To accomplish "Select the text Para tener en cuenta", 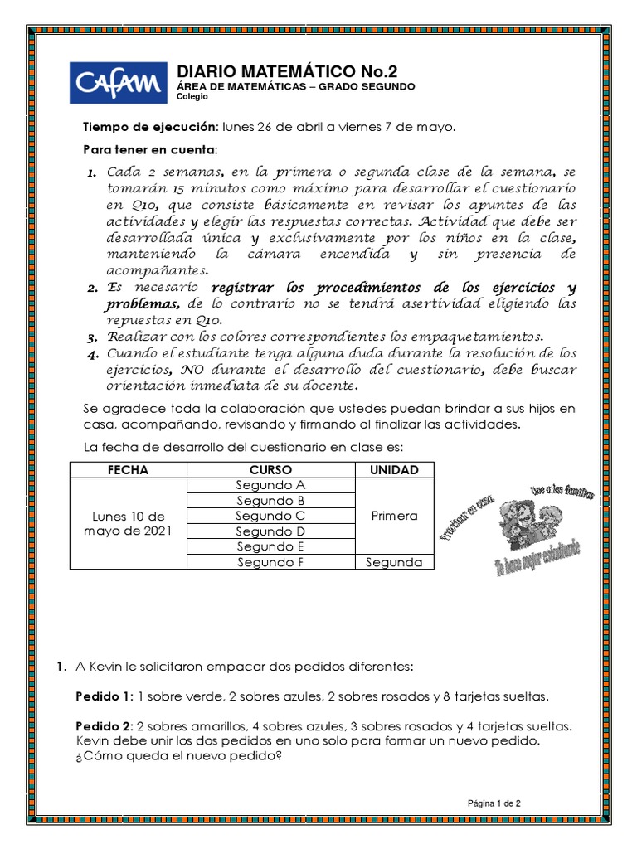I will point(149,150).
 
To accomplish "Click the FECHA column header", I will point(128,470).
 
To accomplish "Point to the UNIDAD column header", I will point(394,470).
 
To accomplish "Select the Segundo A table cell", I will point(270,486).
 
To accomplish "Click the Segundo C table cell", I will point(270,516).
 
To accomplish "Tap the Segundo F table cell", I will point(270,562).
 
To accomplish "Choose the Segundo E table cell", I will point(270,546).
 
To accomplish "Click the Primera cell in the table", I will point(394,516).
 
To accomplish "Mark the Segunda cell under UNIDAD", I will point(394,562).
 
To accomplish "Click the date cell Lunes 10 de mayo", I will point(128,523).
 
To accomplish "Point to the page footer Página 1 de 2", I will point(494,803).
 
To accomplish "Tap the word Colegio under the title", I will point(192,97).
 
